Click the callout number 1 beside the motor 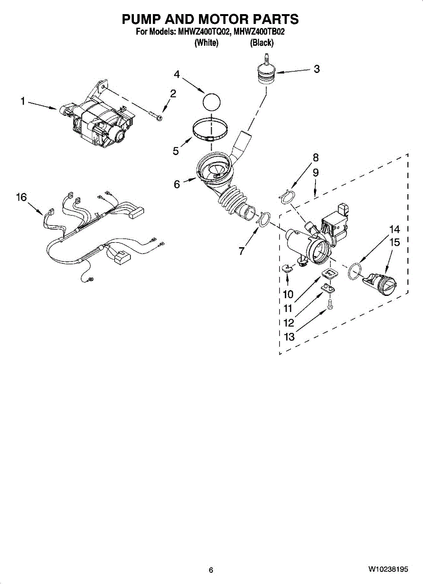pos(22,101)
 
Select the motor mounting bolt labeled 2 pos(156,116)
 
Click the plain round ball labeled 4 pos(211,103)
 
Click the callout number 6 pos(177,184)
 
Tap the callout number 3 pos(316,69)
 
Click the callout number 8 pos(316,157)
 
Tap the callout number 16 pos(21,197)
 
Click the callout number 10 pos(288,294)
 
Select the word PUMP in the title pos(141,19)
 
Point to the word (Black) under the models pos(262,43)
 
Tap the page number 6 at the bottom pos(211,570)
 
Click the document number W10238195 pos(388,569)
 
